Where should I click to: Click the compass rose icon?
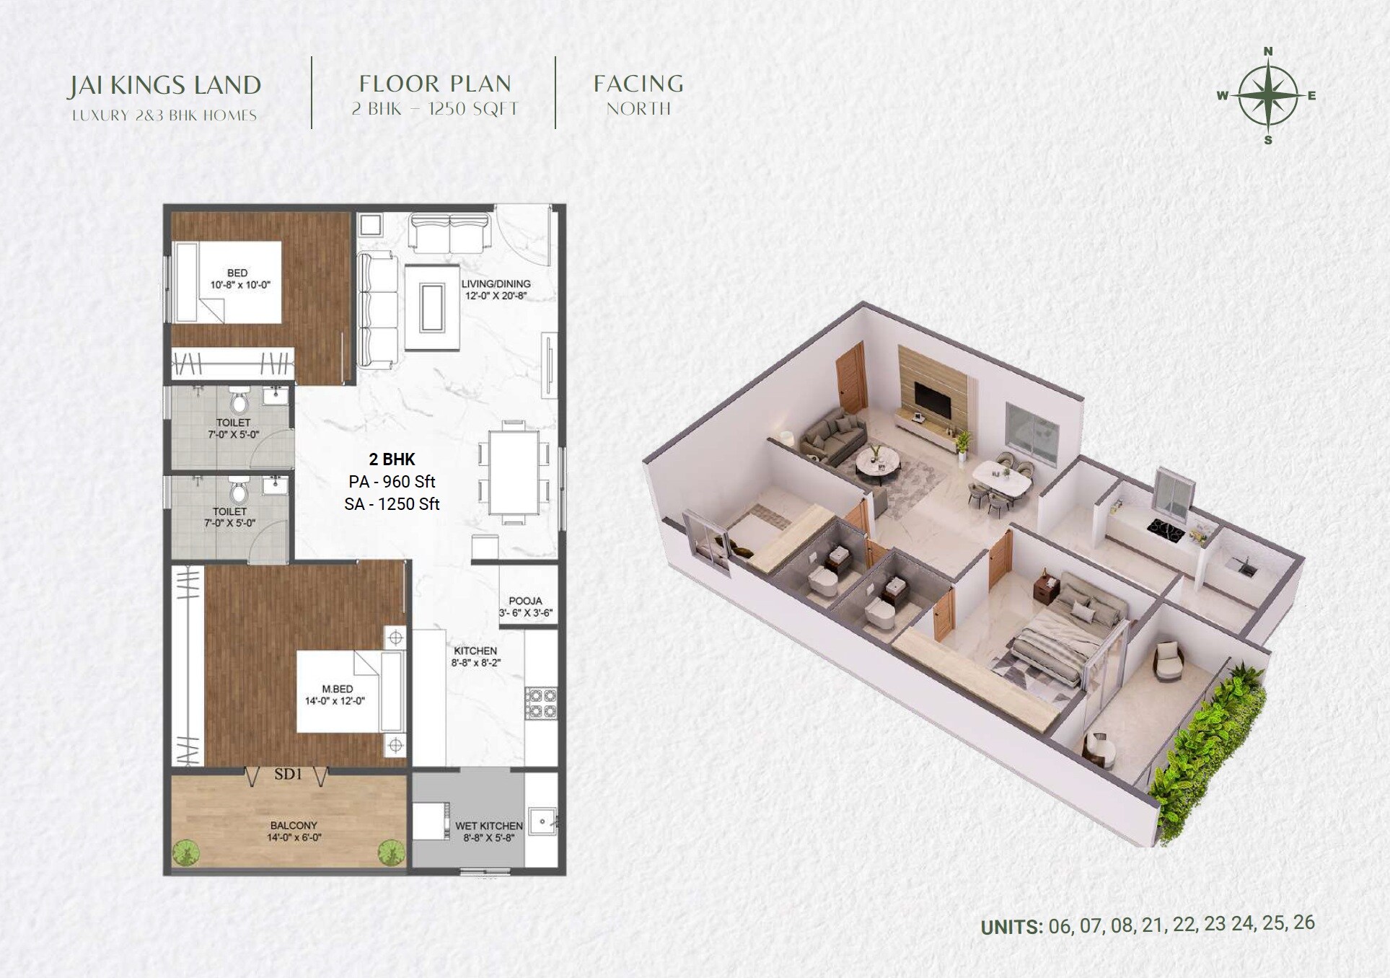point(1268,95)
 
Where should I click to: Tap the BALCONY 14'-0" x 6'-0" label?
point(294,831)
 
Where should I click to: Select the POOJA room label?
point(525,606)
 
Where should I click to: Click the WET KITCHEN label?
point(488,831)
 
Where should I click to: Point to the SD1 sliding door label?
point(288,774)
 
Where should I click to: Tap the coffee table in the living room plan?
point(432,307)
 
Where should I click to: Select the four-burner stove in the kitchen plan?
point(541,703)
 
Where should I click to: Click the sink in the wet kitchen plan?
point(542,821)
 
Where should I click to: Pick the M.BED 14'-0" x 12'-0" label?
point(337,695)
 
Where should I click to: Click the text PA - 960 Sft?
point(392,482)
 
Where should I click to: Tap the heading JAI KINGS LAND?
point(164,85)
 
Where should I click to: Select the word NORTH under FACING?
point(638,109)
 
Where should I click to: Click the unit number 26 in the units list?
point(1303,922)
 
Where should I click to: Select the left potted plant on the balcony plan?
point(185,853)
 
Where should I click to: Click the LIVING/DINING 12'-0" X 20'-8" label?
point(496,289)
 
